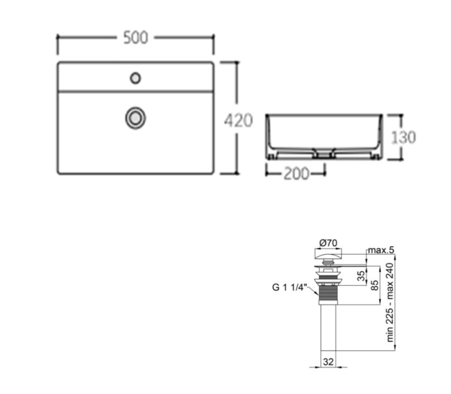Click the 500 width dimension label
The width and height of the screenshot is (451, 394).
136,38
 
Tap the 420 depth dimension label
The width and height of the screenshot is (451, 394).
238,121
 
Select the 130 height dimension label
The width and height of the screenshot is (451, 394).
403,137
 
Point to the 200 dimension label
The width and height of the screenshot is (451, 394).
297,173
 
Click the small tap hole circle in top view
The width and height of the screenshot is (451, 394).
135,78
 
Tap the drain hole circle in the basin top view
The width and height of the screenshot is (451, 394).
135,118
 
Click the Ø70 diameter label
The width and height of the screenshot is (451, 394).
328,243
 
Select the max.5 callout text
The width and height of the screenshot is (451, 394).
381,250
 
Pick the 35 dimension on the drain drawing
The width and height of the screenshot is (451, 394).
361,276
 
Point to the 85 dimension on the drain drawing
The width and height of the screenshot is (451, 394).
375,285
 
